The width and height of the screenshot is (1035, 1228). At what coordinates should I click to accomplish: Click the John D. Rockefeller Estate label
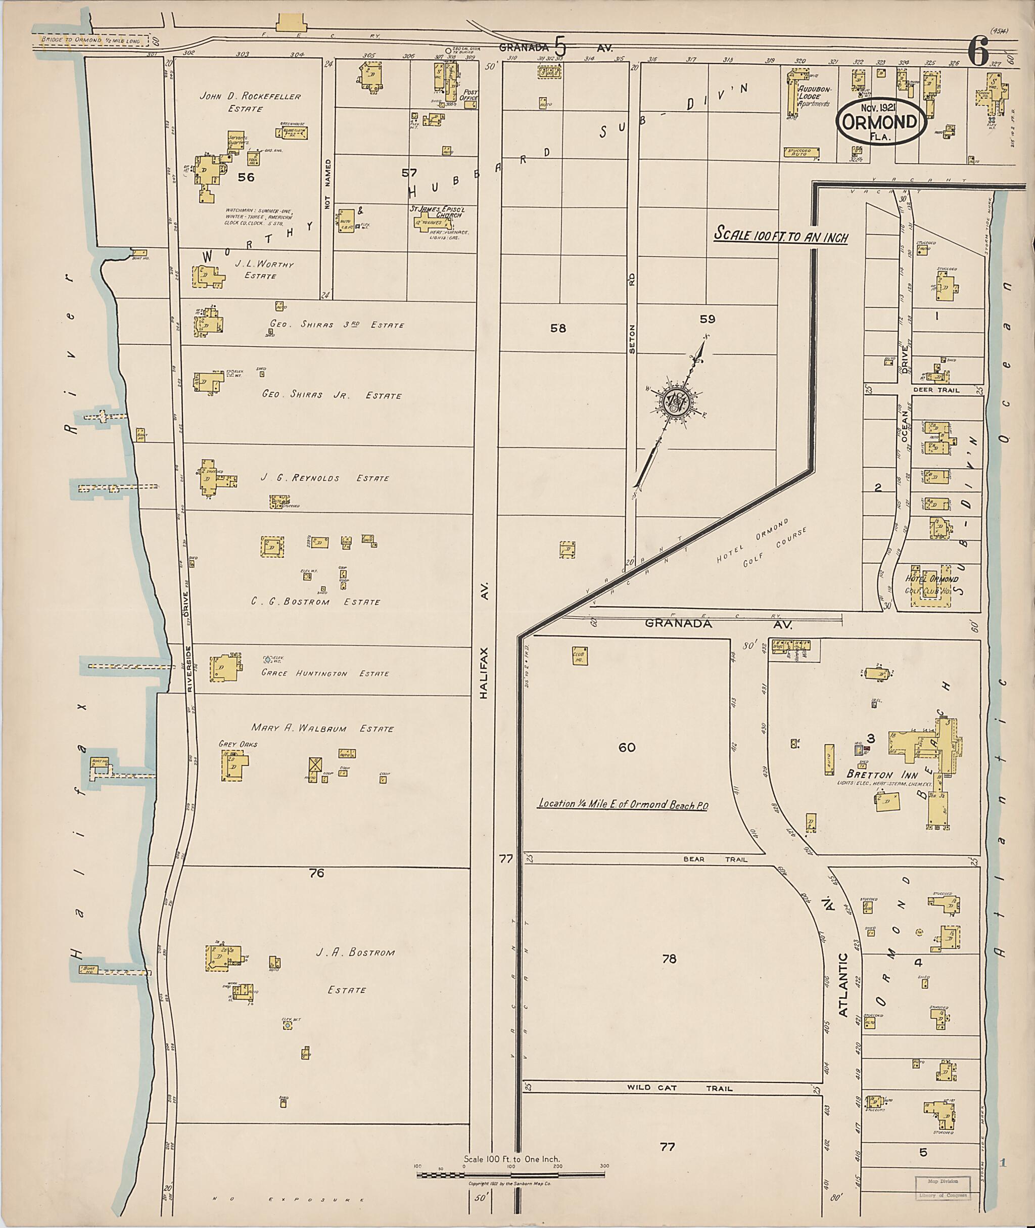pyautogui.click(x=251, y=102)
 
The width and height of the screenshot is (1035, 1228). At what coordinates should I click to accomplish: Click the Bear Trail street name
pyautogui.click(x=715, y=859)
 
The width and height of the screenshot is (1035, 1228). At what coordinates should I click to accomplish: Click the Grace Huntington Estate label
pyautogui.click(x=324, y=673)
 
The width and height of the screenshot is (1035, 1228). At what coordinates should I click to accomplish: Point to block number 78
pyautogui.click(x=669, y=959)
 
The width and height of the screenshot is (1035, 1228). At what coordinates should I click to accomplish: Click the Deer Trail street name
pyautogui.click(x=944, y=390)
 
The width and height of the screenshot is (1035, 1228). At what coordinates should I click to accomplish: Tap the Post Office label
pyautogui.click(x=471, y=96)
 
